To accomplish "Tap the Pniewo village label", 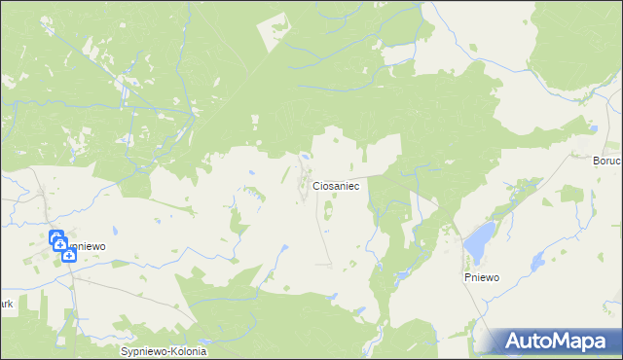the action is click(x=481, y=277).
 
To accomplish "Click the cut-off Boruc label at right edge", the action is click(x=606, y=161).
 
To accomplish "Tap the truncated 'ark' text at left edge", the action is click(x=6, y=304).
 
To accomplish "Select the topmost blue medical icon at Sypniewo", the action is click(x=55, y=236).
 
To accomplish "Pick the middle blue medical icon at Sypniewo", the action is click(x=59, y=246).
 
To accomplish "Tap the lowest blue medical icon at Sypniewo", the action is click(x=68, y=256).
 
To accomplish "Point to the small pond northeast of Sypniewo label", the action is click(x=115, y=231).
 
